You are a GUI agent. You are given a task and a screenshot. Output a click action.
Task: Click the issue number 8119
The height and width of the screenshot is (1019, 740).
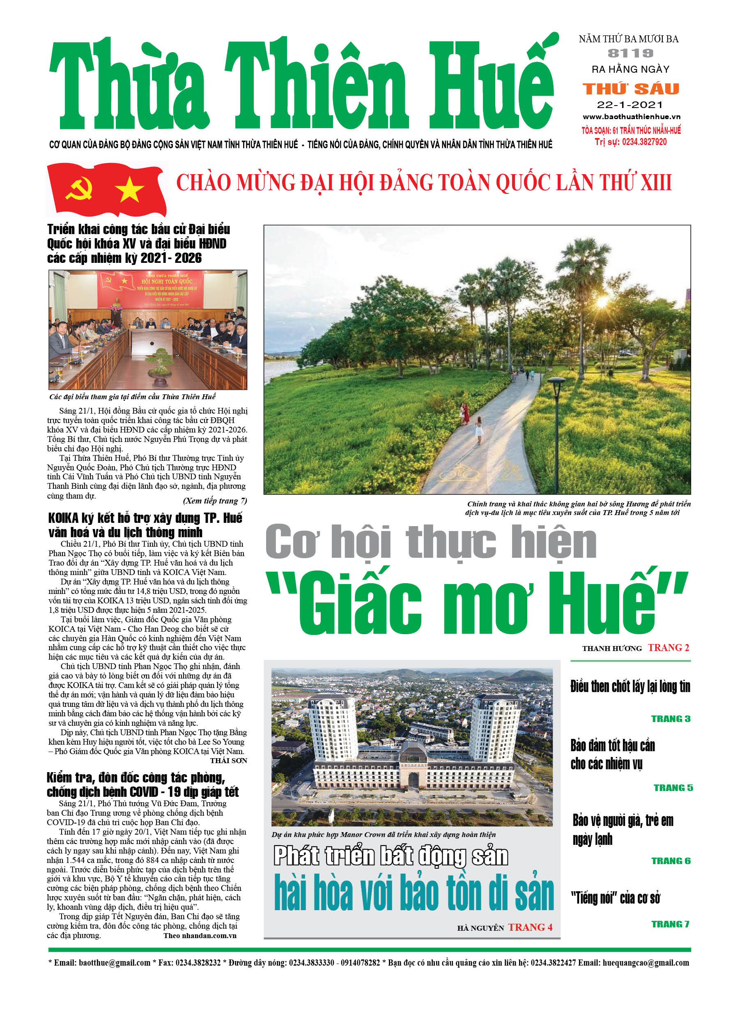pos(630,53)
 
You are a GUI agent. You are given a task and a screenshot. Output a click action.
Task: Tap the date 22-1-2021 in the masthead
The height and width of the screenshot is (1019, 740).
pos(630,105)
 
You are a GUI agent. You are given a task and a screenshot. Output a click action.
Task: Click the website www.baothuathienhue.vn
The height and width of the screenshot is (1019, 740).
pos(631,117)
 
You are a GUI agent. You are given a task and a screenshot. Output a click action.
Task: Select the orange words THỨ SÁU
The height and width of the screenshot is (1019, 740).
pos(630,89)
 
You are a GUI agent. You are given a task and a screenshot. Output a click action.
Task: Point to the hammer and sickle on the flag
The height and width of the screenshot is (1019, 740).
pos(79,188)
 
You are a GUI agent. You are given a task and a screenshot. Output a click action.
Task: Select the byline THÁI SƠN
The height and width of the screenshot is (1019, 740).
pos(228,761)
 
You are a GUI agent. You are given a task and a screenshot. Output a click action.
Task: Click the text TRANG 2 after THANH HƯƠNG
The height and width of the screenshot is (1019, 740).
pos(668,647)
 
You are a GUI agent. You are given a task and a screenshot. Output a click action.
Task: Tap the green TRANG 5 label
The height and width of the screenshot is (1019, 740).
pos(673,788)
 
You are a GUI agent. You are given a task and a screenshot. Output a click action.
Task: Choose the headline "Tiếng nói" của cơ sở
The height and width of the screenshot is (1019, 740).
pos(615,898)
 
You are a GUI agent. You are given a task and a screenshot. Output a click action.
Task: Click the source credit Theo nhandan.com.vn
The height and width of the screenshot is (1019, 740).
pos(200,936)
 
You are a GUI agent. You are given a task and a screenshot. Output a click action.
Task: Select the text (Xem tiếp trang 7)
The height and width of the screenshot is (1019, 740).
pos(215,501)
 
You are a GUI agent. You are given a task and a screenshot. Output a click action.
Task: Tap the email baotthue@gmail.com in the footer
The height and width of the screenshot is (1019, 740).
pos(114,962)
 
